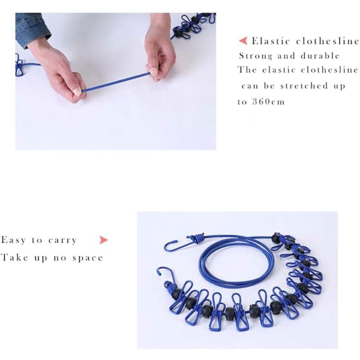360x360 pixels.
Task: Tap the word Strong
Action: (256, 56)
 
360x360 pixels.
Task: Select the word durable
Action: (320, 56)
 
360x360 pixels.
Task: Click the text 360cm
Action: (268, 101)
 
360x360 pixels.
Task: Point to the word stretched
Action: (304, 86)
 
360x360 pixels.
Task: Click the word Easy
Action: (14, 240)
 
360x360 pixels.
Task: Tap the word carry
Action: (62, 241)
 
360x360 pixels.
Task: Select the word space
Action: (88, 258)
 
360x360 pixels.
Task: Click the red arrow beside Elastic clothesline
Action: (243, 41)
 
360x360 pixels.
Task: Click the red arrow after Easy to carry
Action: (104, 240)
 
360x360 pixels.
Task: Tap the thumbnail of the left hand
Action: (77, 91)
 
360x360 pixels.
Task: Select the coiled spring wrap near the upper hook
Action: (197, 238)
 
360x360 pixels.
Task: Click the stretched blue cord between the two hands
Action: (116, 82)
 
